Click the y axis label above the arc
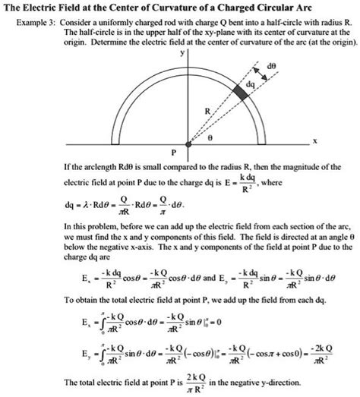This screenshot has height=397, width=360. tap(181, 55)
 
